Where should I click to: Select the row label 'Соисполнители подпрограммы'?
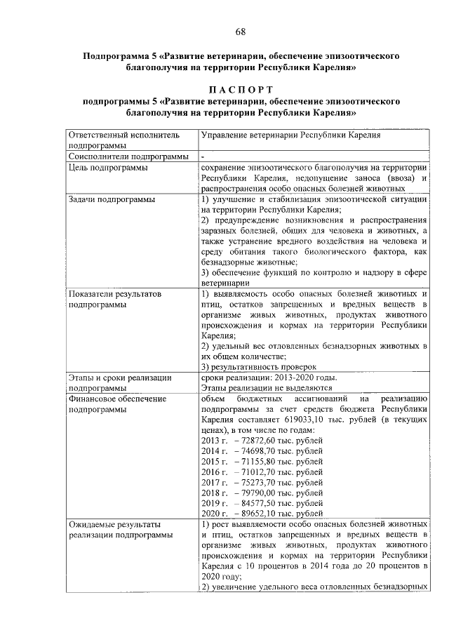[128, 156]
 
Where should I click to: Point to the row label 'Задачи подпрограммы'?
[112, 200]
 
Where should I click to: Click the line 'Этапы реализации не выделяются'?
[266, 387]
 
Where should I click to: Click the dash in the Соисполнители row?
[202, 156]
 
